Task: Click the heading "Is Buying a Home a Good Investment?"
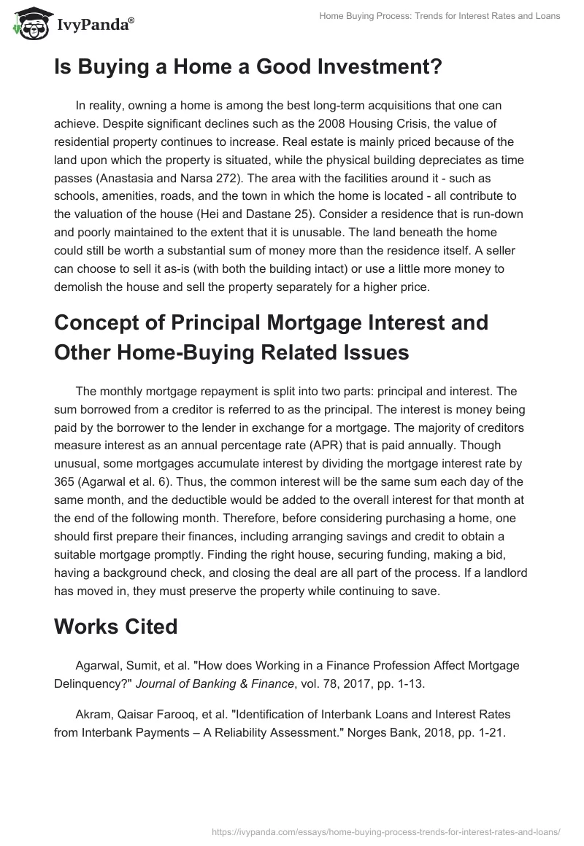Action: pos(248,68)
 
